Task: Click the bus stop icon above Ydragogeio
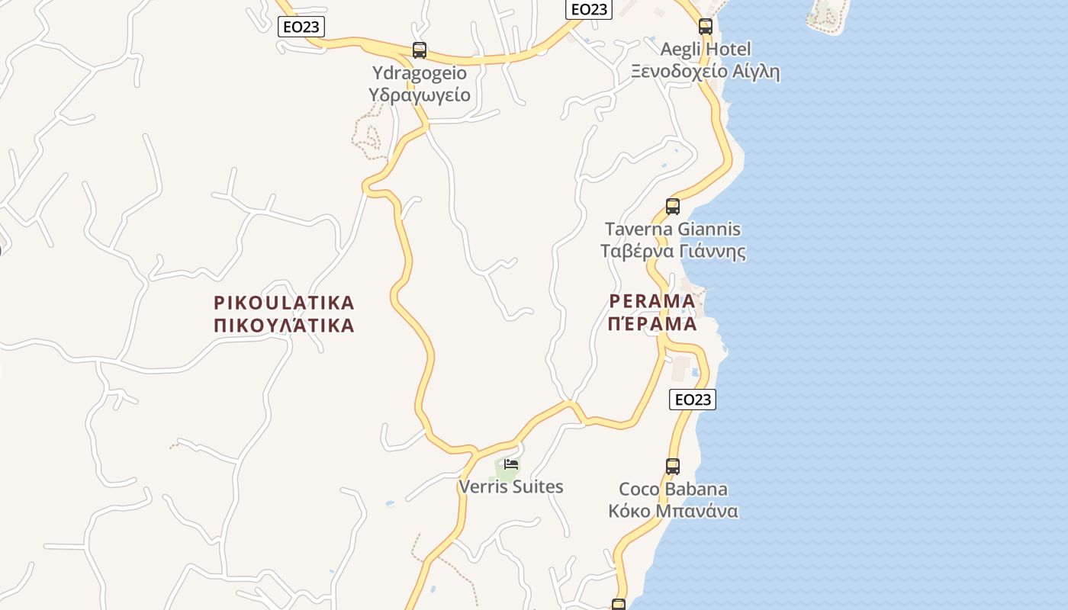coord(420,50)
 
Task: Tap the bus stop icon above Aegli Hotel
coord(706,27)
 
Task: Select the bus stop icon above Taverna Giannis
coord(672,206)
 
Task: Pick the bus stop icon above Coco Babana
coord(672,466)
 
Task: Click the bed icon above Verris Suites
coord(511,464)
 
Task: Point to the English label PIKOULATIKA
coord(284,303)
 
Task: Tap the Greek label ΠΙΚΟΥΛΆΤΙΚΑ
coord(284,326)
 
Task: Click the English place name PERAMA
coord(652,300)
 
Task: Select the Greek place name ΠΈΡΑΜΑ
coord(652,323)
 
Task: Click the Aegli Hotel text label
coord(705,50)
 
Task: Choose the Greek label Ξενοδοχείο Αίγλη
coord(705,72)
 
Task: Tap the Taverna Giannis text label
coord(672,229)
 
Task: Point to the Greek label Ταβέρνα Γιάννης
coord(672,252)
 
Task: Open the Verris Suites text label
coord(511,486)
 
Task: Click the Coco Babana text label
coord(672,489)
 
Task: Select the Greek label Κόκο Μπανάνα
coord(672,511)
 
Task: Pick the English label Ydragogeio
coord(420,73)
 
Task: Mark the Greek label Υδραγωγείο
coord(420,95)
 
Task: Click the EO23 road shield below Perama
coord(693,399)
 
